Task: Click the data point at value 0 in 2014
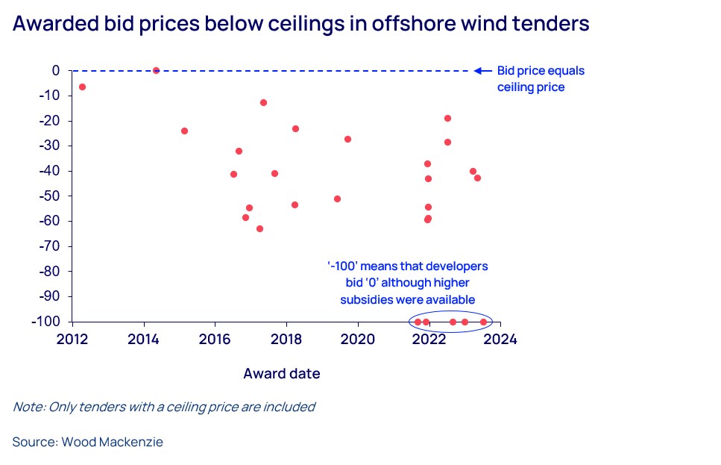click(x=156, y=70)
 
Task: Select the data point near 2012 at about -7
click(x=82, y=87)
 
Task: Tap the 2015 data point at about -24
click(x=184, y=131)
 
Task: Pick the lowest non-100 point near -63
click(x=259, y=228)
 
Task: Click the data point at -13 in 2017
click(x=263, y=102)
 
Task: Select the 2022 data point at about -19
click(x=447, y=118)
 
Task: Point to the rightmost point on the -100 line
click(x=483, y=322)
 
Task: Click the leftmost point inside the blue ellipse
click(x=418, y=322)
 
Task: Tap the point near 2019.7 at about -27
click(x=347, y=139)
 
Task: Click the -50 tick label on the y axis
click(x=50, y=196)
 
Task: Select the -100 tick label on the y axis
click(x=47, y=322)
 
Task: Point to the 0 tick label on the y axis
click(x=56, y=70)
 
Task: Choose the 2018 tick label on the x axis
click(x=286, y=339)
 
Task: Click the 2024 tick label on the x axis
click(x=501, y=339)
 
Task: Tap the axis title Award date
click(x=282, y=373)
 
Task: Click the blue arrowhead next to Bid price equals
click(x=480, y=71)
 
